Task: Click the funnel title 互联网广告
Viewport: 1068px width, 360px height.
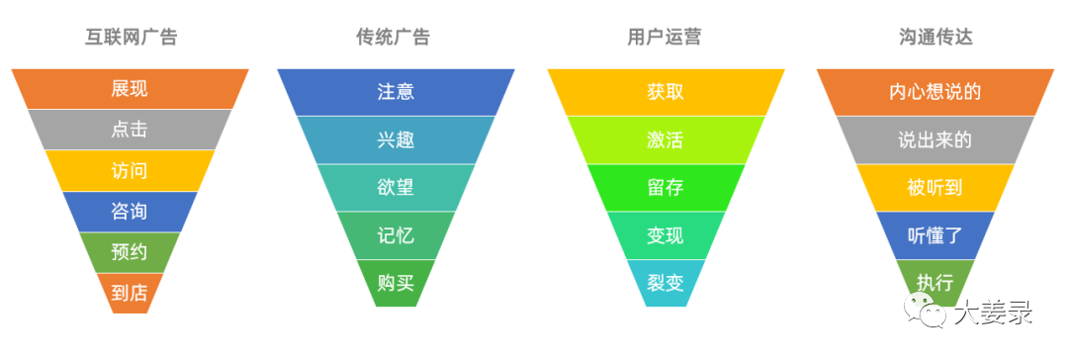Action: pos(130,38)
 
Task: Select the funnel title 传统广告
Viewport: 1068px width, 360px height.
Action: pos(395,38)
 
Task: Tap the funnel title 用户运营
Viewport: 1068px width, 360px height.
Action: pos(666,38)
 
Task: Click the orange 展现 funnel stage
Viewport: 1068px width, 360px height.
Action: pos(130,89)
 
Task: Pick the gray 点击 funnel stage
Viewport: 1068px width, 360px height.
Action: pos(130,130)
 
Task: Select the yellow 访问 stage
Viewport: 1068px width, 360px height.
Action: pos(130,170)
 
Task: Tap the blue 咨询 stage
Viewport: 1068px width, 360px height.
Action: pos(130,211)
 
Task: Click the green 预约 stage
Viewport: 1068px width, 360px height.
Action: pos(130,251)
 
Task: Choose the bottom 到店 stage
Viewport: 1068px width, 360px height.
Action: pos(130,292)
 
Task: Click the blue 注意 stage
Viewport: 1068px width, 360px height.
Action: pos(396,92)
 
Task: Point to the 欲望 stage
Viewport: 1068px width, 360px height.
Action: pos(396,188)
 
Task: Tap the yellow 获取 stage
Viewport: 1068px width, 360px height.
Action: pos(666,92)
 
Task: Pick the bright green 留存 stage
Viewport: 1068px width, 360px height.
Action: pos(666,188)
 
